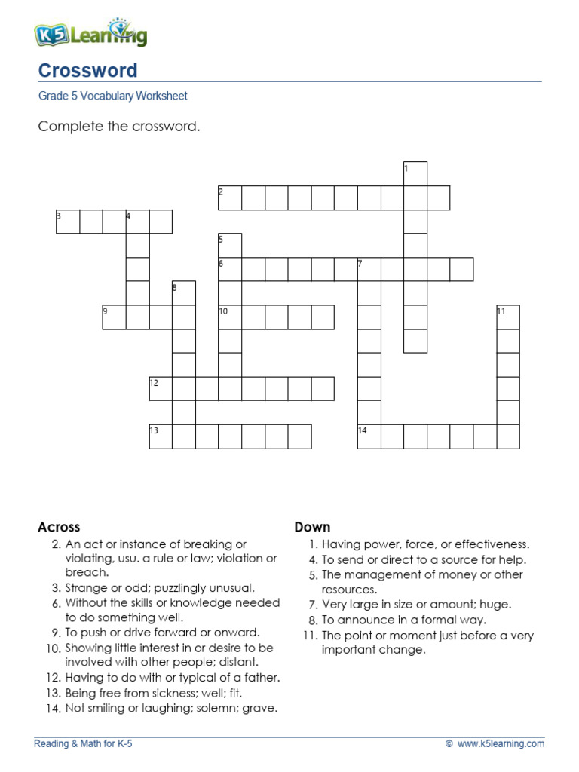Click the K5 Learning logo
coord(90,33)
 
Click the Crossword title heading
coord(87,71)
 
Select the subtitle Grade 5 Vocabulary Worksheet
coord(112,96)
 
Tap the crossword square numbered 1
coord(415,174)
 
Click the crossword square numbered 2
coord(230,198)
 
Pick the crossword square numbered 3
coord(68,222)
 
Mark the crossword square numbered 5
coord(230,245)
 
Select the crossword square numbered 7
coord(369,269)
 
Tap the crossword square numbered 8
coord(184,293)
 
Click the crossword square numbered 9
coord(114,317)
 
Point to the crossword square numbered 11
coord(508,317)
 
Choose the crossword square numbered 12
coord(161,388)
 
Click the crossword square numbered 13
coord(161,437)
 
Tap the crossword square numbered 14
coord(369,437)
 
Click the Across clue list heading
coord(59,527)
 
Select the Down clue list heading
coord(312,527)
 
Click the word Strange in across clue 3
coord(85,588)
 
